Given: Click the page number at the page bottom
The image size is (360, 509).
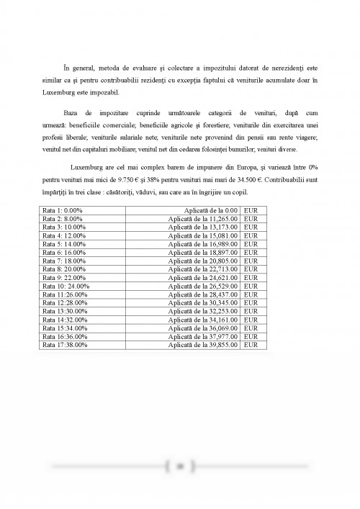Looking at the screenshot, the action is tap(179, 466).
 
